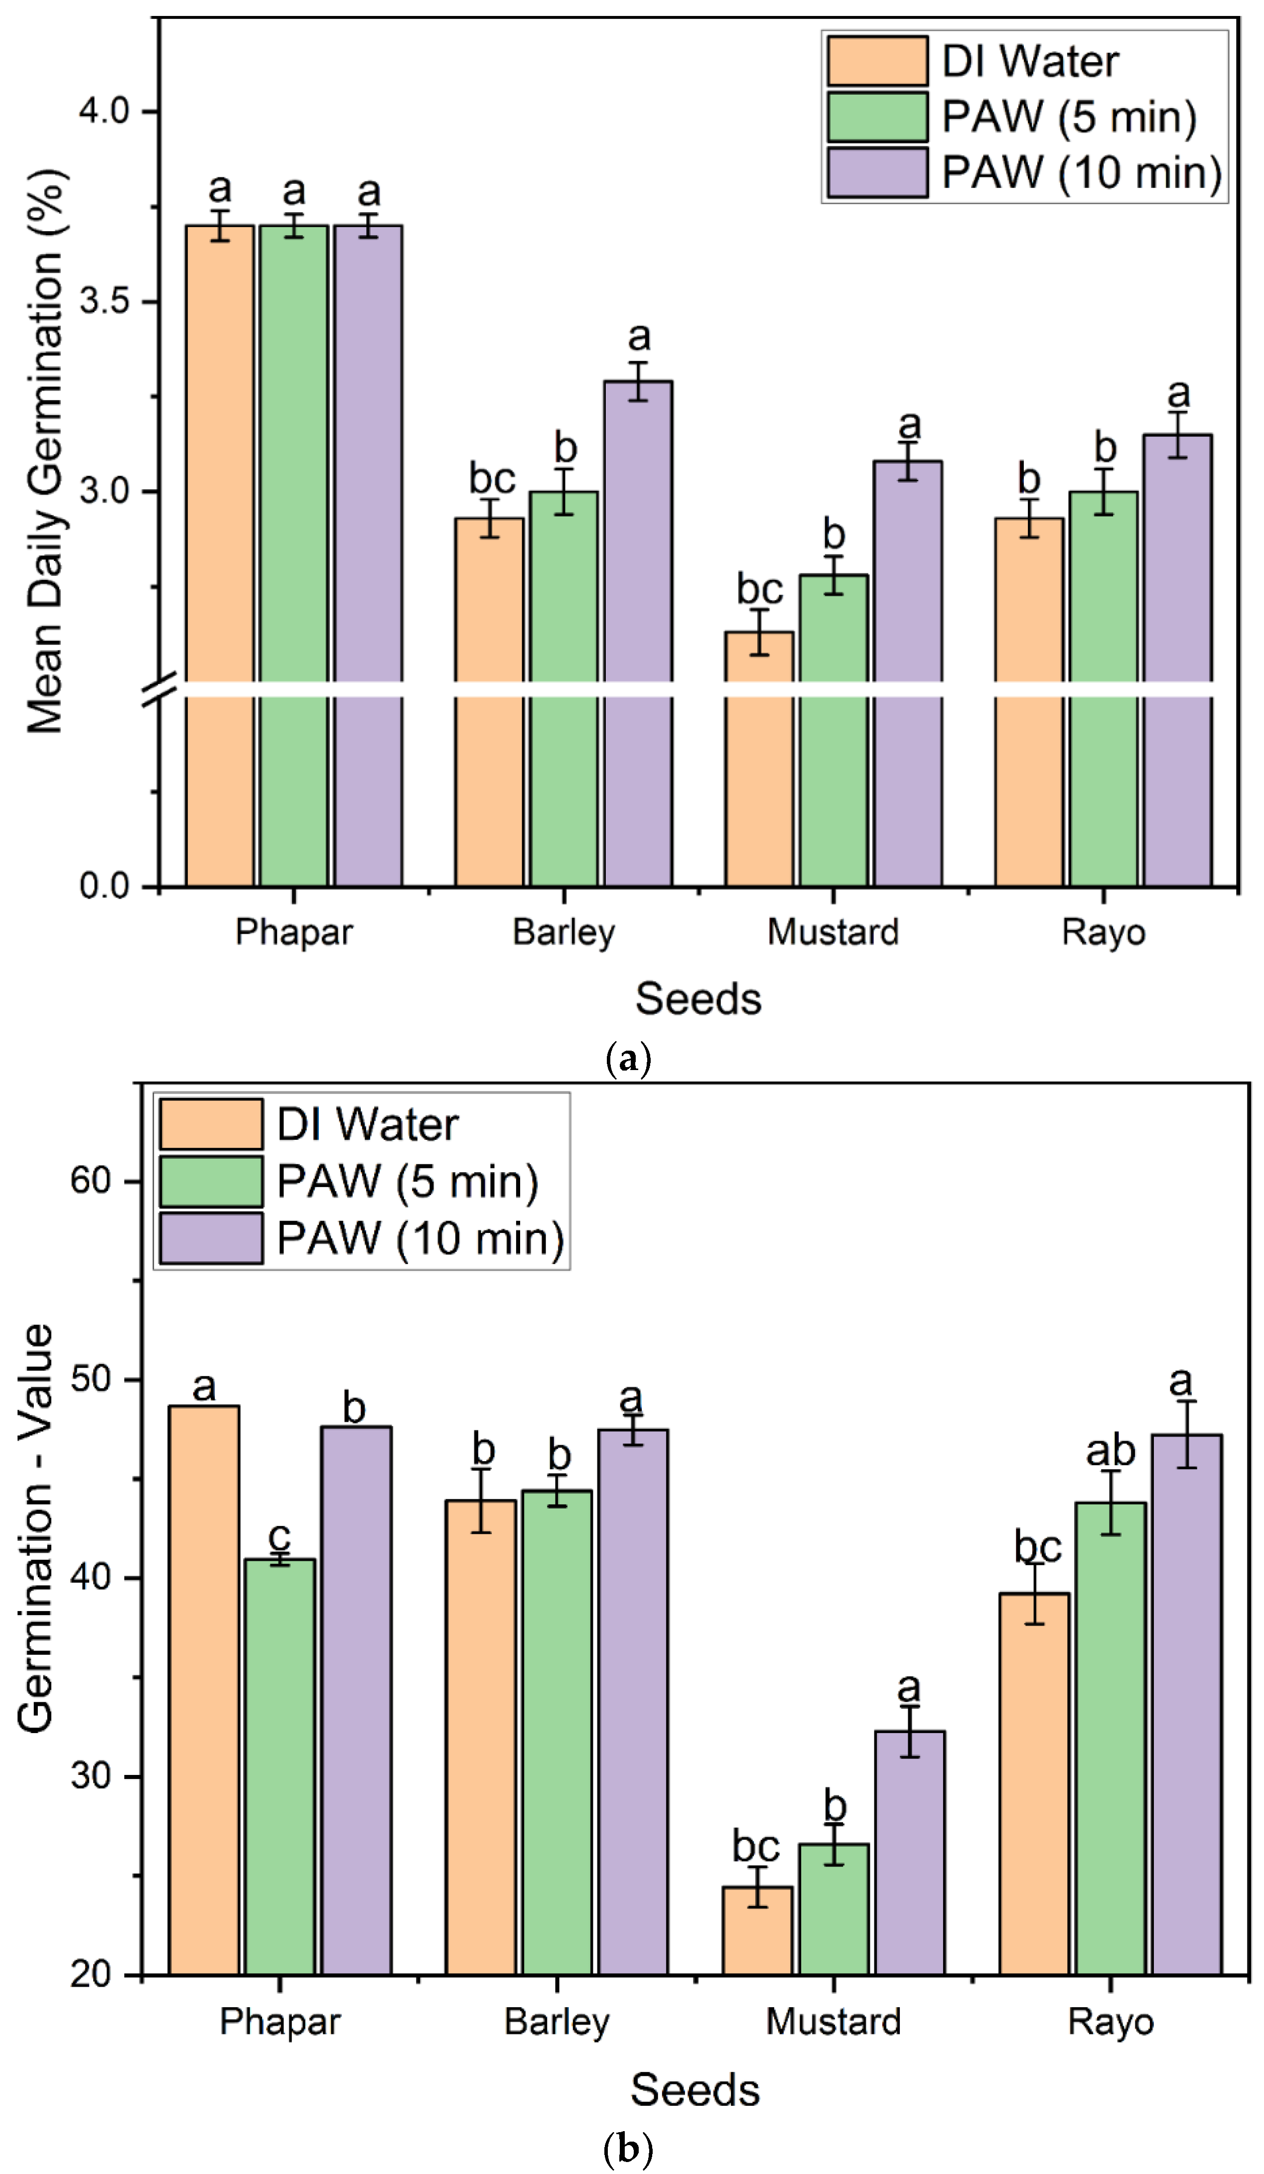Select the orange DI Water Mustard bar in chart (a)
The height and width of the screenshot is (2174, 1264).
tap(758, 759)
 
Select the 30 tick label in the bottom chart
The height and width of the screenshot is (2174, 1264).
tap(92, 1776)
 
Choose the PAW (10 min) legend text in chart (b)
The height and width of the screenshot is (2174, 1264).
tap(420, 1239)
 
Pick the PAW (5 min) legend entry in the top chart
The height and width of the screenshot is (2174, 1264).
tap(1068, 117)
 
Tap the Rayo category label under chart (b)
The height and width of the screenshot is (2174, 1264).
tap(1111, 2021)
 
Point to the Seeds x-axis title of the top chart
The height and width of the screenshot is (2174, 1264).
tap(698, 999)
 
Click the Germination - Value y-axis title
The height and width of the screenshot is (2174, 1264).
tap(36, 1527)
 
